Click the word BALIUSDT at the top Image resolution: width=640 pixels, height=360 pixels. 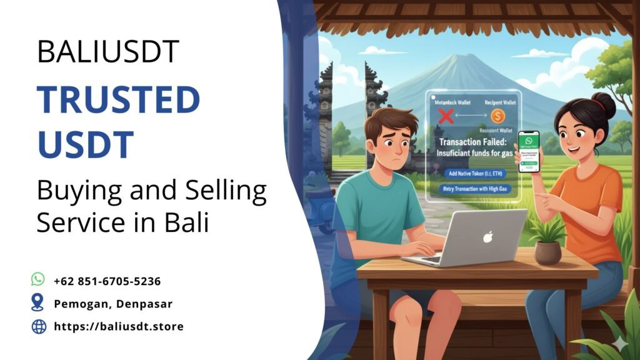coord(108,52)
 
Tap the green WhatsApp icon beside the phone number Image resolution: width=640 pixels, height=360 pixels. coord(38,279)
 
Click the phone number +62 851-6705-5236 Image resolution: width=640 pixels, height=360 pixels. coord(107,281)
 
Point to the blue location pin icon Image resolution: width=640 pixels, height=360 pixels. coord(38,303)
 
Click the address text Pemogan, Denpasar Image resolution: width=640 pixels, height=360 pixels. coord(113,304)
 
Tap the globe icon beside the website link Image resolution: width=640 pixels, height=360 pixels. coord(39,326)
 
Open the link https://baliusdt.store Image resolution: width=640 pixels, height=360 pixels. coord(119,326)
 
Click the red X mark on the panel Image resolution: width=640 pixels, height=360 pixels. coord(446,116)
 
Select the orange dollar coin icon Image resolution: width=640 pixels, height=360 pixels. coord(498,116)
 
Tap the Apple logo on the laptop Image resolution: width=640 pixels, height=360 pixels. coord(487,237)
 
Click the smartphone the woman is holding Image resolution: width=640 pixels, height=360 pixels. coord(528,151)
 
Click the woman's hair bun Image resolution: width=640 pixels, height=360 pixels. coord(604,102)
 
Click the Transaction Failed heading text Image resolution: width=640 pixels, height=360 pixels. coord(473,142)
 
